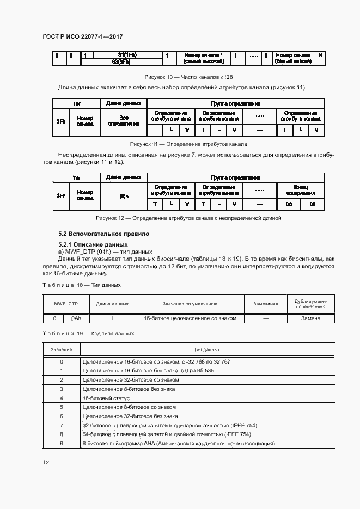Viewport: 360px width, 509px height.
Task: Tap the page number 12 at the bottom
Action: coord(46,462)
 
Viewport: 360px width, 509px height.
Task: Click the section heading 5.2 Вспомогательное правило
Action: coord(103,234)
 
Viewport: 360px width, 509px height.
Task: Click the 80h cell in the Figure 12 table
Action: coord(124,196)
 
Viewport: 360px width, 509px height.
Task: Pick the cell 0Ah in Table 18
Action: coord(76,318)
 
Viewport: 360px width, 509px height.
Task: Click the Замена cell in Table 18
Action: coord(310,318)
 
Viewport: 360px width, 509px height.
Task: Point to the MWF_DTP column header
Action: coord(66,304)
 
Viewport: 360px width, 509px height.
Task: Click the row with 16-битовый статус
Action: coord(207,398)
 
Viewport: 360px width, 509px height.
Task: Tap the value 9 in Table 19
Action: coord(62,444)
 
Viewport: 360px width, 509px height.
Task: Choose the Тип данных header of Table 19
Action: coord(207,349)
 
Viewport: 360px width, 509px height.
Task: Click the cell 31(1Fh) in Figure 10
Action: coord(127,54)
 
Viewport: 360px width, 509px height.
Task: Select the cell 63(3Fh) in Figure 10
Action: coord(127,62)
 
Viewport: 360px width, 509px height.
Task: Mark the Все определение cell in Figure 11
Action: coord(124,121)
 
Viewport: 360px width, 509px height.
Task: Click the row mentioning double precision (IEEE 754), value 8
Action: coord(207,434)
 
